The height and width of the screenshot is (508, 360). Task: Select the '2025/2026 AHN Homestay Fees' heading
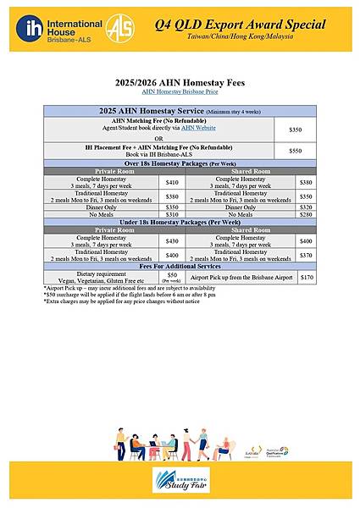point(180,82)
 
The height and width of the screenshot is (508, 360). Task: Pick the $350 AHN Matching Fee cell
point(295,128)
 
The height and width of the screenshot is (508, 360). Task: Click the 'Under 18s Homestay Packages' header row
point(180,222)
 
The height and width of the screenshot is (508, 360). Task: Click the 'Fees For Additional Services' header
point(180,268)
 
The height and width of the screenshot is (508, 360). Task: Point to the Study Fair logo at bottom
point(180,483)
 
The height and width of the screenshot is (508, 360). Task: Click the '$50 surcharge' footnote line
point(127,295)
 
